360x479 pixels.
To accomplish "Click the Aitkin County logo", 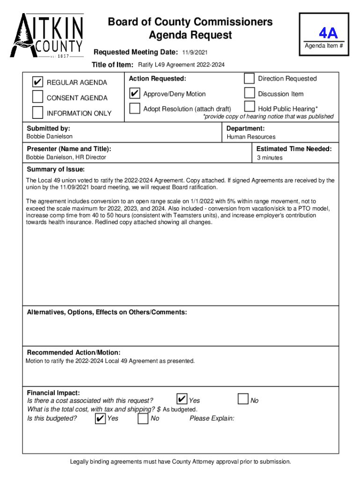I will point(47,35).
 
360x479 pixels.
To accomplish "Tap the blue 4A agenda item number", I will point(328,33).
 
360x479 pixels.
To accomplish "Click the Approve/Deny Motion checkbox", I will point(135,94).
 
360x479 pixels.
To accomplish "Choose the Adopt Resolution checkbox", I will point(135,109).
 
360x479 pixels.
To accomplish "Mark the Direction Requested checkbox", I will point(250,78).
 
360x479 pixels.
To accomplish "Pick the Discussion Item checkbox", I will point(250,94).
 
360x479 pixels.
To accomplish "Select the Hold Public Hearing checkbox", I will point(250,108).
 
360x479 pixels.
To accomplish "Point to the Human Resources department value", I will point(251,137).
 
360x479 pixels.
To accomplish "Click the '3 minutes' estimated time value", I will point(270,158).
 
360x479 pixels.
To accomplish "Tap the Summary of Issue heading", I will point(56,169).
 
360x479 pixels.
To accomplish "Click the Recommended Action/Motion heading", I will point(73,352).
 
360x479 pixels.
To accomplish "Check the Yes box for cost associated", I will point(181,399).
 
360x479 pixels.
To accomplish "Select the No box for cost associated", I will point(243,399).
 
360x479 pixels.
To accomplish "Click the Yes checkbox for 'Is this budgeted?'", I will point(100,418).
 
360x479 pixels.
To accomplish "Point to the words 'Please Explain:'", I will point(212,418).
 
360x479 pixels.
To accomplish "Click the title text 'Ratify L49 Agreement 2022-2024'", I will point(181,65).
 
